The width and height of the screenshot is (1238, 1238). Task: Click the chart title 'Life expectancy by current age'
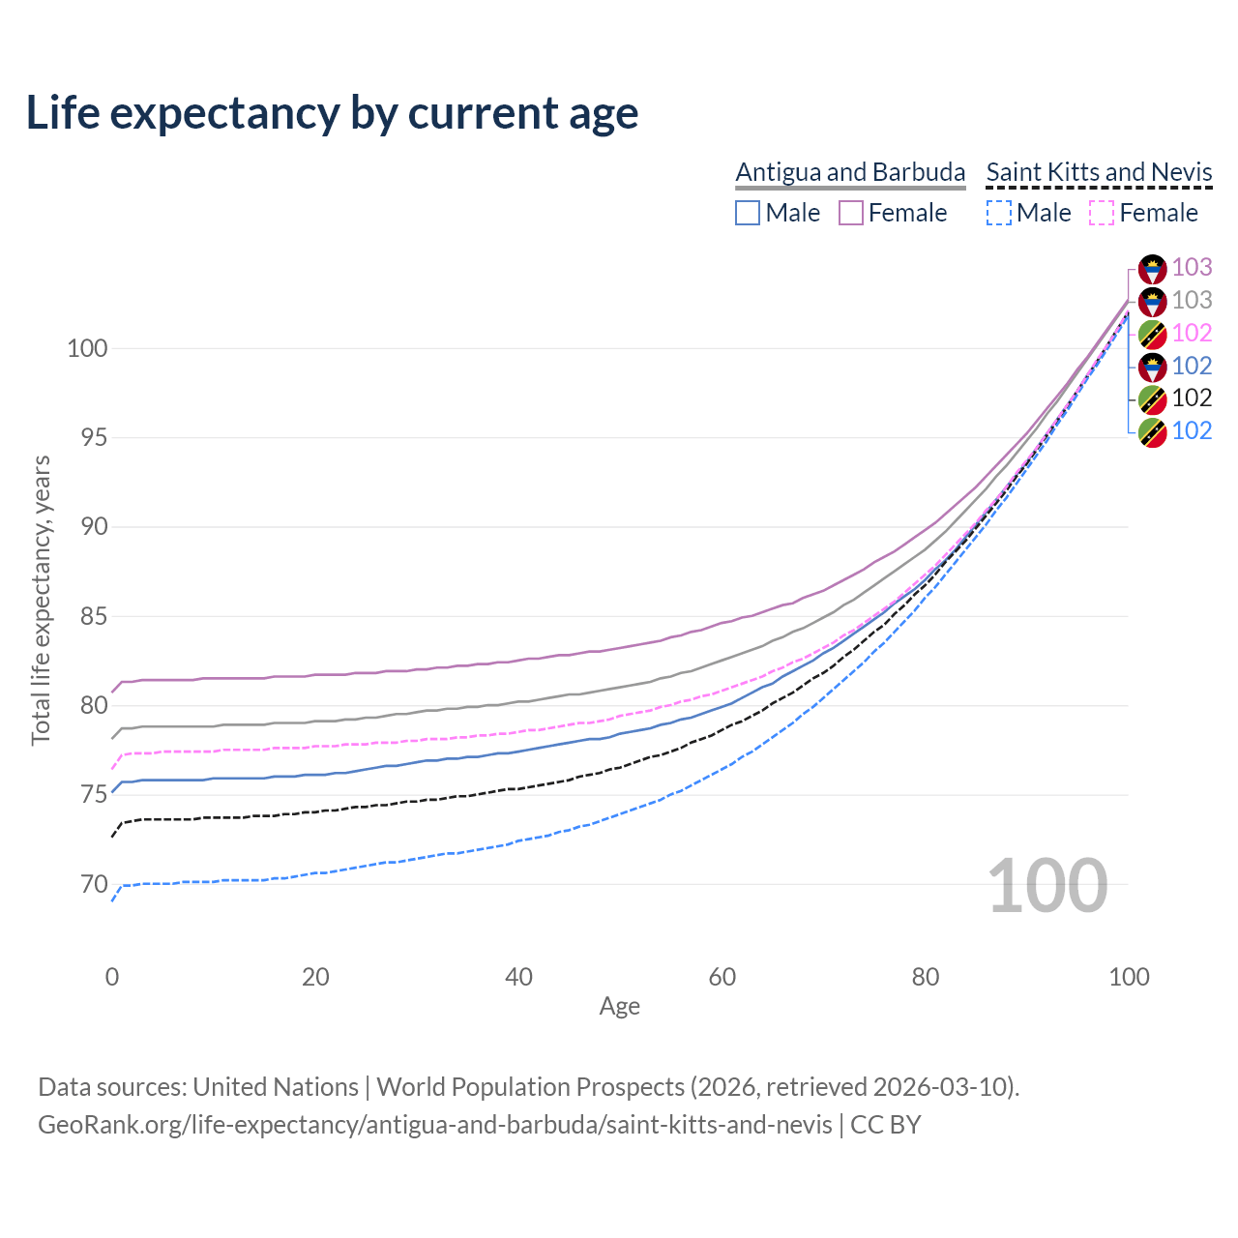[332, 113]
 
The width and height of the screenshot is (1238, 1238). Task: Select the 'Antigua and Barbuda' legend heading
[850, 172]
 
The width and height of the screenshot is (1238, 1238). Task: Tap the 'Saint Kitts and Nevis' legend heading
[1099, 172]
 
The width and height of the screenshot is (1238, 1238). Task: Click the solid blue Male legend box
[748, 213]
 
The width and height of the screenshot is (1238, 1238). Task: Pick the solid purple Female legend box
[851, 213]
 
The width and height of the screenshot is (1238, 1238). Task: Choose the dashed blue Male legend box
[999, 213]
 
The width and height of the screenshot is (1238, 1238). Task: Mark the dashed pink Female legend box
[1102, 213]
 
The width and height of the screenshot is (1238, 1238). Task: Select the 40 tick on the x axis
[518, 977]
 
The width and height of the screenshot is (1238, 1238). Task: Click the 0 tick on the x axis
[112, 977]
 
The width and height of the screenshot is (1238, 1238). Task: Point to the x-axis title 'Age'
[619, 1007]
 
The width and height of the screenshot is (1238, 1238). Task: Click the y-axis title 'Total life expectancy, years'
[41, 600]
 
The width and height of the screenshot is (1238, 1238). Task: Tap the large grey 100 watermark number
[1047, 886]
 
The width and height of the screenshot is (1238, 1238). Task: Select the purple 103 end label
[1192, 267]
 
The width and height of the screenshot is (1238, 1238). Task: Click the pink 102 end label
[1192, 333]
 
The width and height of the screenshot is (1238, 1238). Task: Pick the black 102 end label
[1192, 398]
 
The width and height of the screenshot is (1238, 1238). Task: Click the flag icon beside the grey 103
[1152, 301]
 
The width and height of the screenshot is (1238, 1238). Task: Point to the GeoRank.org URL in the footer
[435, 1125]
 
